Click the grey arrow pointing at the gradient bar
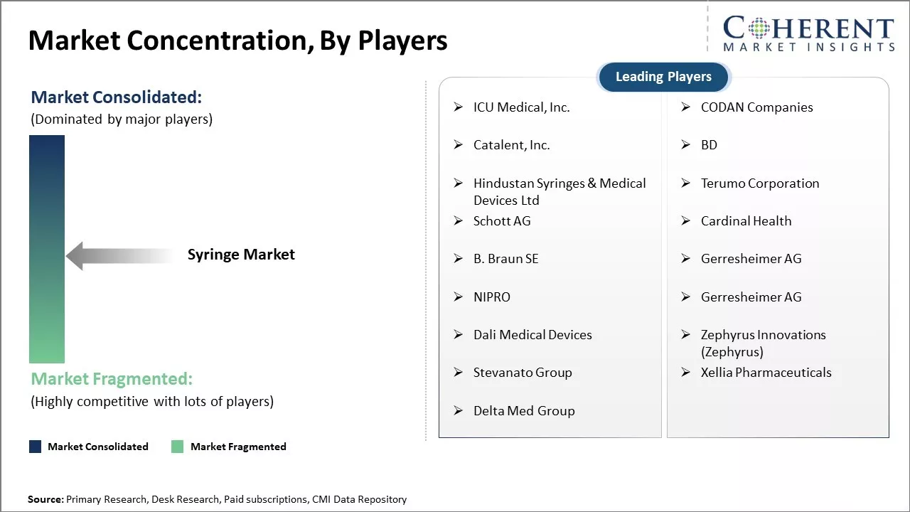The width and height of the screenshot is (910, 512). pos(120,256)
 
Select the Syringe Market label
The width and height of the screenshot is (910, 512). pos(241,255)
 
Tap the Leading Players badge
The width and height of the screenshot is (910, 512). pos(663,76)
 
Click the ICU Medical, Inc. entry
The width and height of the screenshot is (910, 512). pos(521,107)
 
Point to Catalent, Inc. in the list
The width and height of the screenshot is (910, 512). pos(511,145)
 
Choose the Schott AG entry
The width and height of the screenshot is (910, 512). pos(502,221)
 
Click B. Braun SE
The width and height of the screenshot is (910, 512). pos(505,259)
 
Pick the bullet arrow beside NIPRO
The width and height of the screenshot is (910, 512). pos(459,297)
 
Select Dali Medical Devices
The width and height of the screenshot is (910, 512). pos(532,335)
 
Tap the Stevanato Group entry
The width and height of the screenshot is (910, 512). pos(523,373)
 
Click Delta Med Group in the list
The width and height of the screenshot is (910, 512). pos(524,411)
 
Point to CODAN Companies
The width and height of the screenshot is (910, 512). pos(757,107)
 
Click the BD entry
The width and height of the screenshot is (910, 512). pos(709,145)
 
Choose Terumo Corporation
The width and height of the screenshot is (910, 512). pos(760,183)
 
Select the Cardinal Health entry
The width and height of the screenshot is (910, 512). pos(746,221)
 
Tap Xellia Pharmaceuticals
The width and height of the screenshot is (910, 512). pos(766,373)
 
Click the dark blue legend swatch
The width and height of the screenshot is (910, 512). pos(36,447)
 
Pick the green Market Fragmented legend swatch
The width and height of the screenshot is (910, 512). pos(178,447)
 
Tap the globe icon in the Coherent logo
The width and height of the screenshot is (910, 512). pos(759,28)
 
